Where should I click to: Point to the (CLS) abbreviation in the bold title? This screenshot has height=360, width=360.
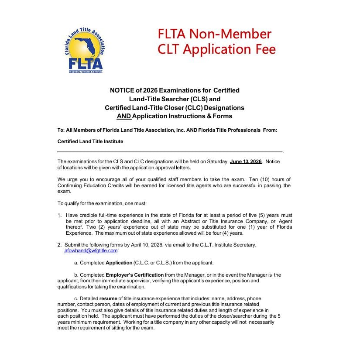[197, 99]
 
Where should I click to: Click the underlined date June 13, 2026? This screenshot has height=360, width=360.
[246, 161]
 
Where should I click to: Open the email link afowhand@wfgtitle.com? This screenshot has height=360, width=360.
[91, 250]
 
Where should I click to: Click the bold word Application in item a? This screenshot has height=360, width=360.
[119, 263]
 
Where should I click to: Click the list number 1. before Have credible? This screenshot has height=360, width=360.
[59, 215]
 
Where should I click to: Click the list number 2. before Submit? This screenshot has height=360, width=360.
[59, 245]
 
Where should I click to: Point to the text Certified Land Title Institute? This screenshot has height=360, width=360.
[90, 141]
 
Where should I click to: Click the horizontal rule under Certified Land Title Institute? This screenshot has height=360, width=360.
[170, 151]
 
